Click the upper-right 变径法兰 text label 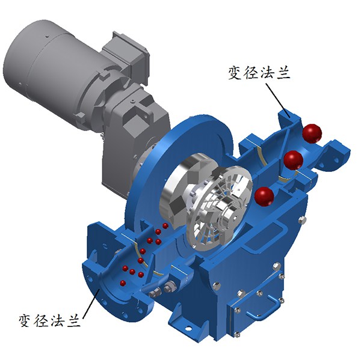coord(259,73)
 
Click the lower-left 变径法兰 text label coord(49,320)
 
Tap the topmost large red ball coord(312,133)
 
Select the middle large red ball coord(293,160)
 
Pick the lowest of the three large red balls coord(264,197)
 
